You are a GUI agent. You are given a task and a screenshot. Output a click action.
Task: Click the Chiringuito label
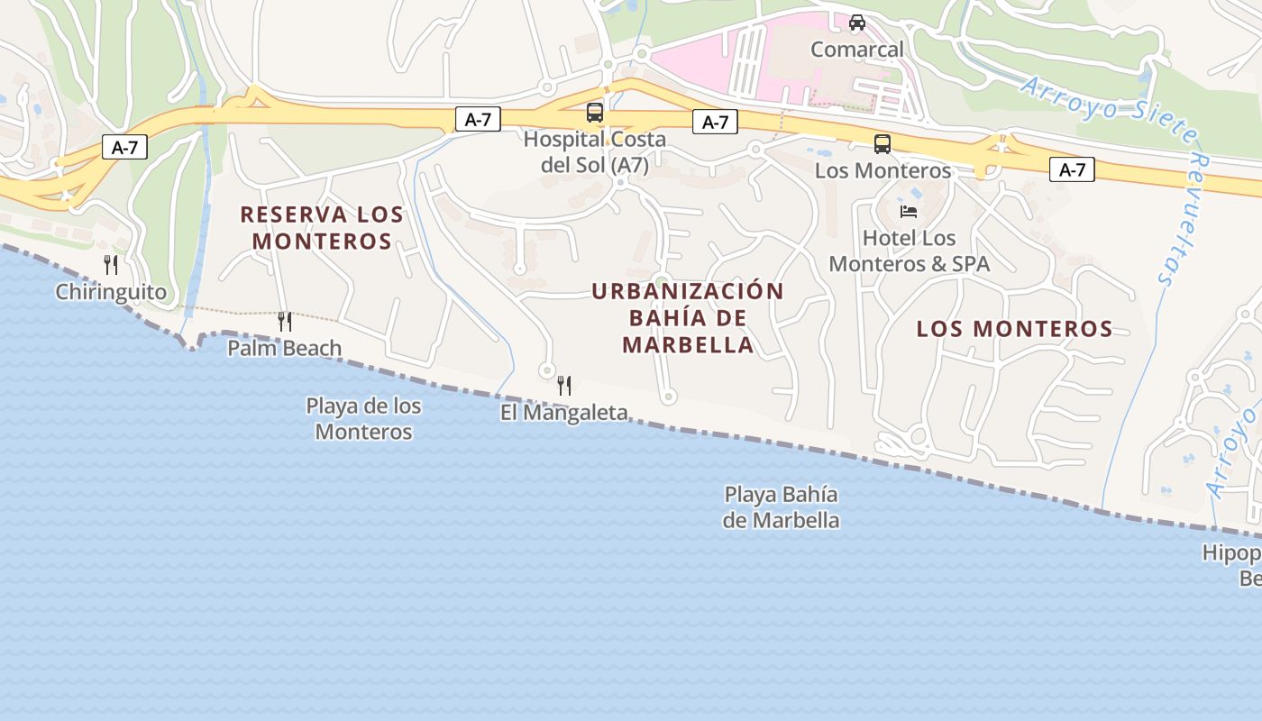[111, 292]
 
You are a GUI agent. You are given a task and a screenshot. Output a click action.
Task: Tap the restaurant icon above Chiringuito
[111, 264]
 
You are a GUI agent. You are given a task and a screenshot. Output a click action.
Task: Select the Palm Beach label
[284, 348]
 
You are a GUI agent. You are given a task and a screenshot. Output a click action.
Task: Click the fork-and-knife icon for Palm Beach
[284, 321]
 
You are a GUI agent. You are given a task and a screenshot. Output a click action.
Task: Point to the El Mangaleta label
[564, 413]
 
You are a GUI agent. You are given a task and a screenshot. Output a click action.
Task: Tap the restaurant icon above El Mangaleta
[564, 386]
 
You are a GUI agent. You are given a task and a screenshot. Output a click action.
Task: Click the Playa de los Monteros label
[363, 418]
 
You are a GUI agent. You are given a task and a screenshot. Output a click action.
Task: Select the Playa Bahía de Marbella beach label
[782, 507]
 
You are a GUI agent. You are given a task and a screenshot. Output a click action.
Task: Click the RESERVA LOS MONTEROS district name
[322, 228]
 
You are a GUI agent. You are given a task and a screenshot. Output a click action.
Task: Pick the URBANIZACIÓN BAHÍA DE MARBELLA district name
[688, 317]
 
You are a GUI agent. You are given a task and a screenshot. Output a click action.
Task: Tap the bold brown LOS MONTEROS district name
[1014, 329]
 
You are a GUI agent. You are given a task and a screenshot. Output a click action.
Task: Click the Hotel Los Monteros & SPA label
[909, 251]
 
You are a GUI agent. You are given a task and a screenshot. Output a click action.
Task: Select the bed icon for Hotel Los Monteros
[909, 212]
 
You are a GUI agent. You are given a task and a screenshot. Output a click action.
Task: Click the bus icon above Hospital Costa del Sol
[595, 113]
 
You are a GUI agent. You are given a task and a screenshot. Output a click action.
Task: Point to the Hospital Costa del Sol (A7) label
[595, 152]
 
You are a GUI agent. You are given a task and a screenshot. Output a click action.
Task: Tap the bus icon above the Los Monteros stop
[882, 143]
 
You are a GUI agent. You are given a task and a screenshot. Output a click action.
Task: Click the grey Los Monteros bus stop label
[882, 170]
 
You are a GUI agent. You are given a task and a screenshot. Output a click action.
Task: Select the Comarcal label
[856, 50]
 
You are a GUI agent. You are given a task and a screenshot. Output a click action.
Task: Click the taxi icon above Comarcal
[856, 22]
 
